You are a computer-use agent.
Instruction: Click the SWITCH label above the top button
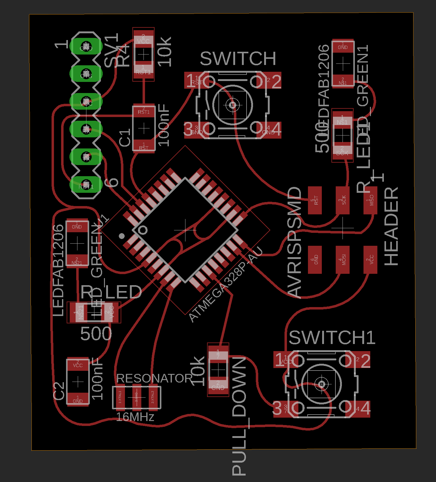(238, 59)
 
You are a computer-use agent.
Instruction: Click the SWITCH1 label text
(332, 338)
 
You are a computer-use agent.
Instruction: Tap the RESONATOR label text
(154, 378)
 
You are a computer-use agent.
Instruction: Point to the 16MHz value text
(135, 417)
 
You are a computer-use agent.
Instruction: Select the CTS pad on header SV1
(86, 74)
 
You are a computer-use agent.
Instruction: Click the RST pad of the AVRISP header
(315, 200)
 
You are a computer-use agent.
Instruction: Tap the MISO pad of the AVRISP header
(370, 200)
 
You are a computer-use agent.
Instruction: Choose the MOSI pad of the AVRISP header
(343, 260)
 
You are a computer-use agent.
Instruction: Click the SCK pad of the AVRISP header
(343, 200)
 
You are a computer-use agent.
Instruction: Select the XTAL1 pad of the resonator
(120, 397)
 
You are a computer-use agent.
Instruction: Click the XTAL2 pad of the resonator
(152, 397)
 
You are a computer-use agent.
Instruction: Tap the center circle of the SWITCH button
(232, 105)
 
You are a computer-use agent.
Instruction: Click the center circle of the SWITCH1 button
(322, 384)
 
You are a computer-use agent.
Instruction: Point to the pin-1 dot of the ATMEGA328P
(122, 236)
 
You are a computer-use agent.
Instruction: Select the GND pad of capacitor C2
(78, 399)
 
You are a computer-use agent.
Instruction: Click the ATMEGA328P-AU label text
(225, 285)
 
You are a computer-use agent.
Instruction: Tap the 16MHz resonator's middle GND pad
(136, 397)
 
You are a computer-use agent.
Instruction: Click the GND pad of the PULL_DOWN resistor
(218, 386)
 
